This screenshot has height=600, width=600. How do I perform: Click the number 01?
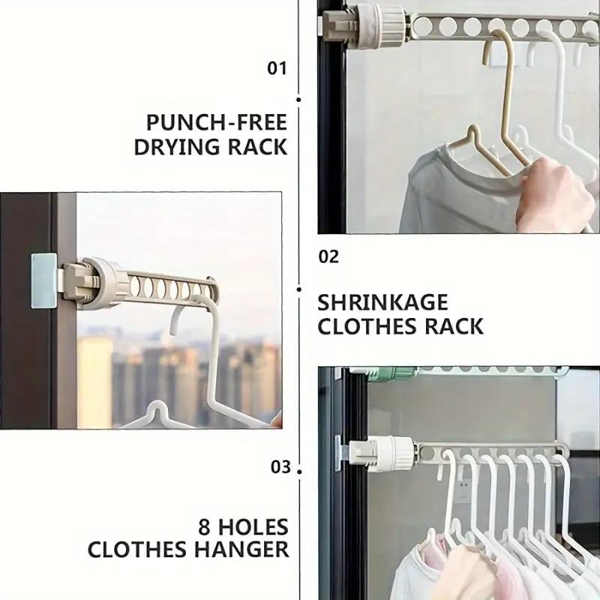coord(277,68)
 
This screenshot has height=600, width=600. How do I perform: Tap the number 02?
coord(328,257)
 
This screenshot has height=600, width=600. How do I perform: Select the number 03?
coord(280,467)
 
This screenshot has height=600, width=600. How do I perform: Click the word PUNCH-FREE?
coord(217,121)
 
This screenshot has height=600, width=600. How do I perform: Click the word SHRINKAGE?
coord(382,303)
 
